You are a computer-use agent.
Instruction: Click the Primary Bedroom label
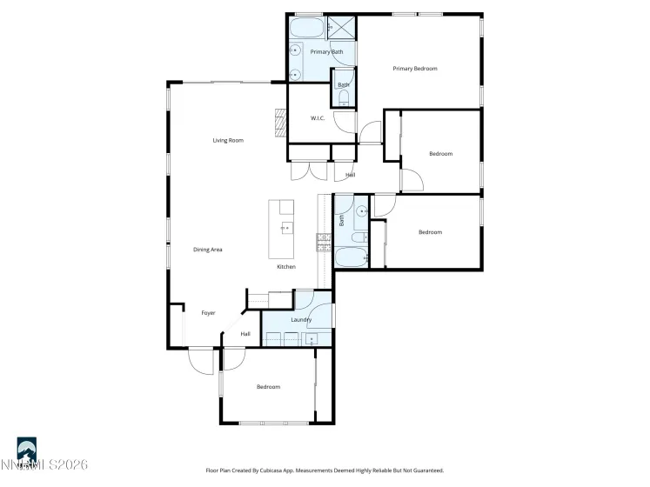tap(414, 69)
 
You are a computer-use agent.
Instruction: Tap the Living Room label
tap(228, 140)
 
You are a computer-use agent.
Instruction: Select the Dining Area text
tap(208, 250)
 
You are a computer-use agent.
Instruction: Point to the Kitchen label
tap(286, 267)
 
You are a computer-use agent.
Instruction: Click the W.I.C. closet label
tap(318, 118)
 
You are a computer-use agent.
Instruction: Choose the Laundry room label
tap(301, 320)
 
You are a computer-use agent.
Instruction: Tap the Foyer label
tap(208, 313)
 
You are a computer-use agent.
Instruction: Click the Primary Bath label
tap(326, 52)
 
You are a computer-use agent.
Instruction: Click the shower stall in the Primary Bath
tap(343, 28)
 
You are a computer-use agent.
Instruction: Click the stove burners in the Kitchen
tap(323, 241)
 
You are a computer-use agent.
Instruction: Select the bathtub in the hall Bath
tap(352, 257)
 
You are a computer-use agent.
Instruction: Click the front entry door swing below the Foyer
tap(202, 361)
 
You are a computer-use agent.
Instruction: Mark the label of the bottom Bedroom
tap(268, 387)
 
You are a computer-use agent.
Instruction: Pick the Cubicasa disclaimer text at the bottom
tap(325, 470)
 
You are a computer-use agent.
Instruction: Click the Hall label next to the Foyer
tap(245, 334)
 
